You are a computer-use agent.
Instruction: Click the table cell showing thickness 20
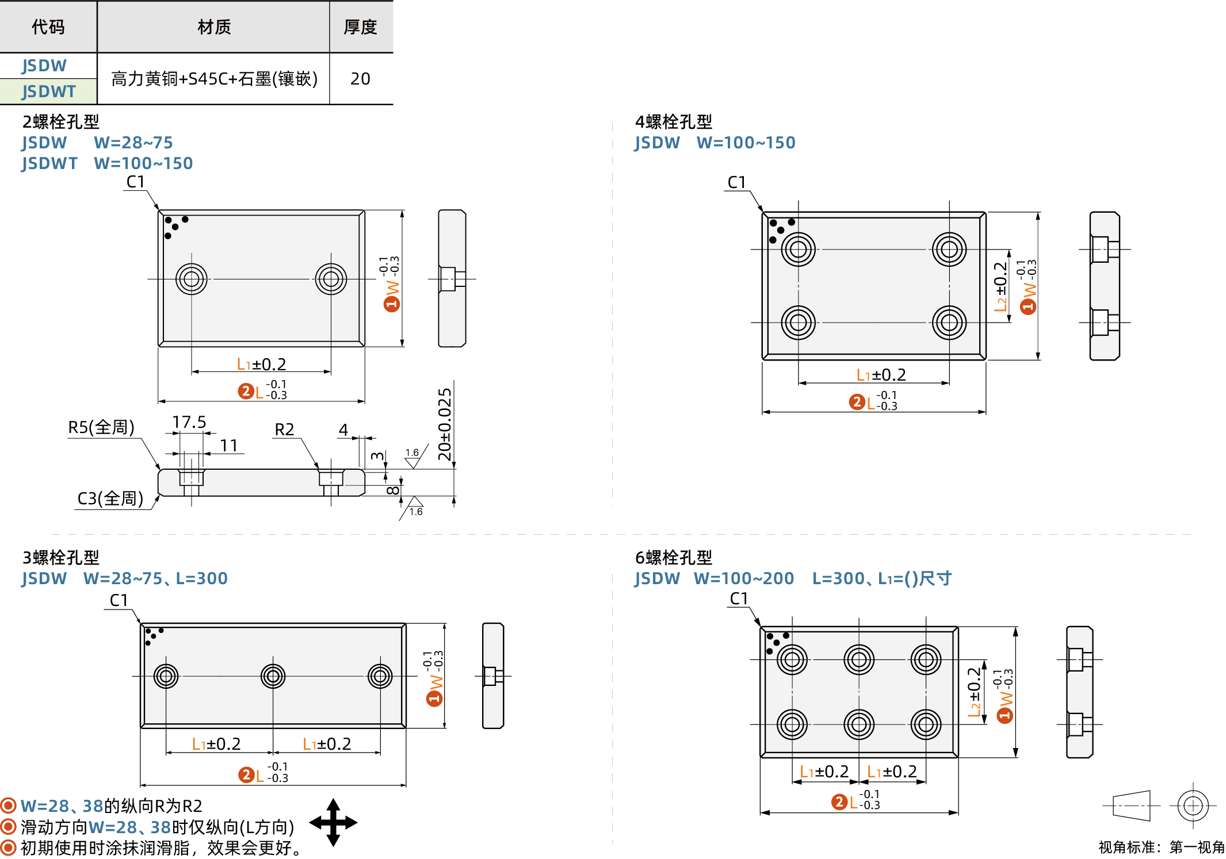360,79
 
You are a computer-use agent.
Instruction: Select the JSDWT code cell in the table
48,91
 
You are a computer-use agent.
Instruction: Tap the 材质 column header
213,27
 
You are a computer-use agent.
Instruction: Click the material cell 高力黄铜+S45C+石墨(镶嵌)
213,79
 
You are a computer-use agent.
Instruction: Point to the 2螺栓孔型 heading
60,122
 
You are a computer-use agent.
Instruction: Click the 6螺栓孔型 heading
673,557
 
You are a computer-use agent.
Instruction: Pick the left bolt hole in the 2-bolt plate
192,279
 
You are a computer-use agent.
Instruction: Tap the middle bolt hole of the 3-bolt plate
273,676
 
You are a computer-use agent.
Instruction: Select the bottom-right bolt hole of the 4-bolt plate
949,323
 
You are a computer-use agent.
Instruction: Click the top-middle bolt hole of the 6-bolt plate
858,659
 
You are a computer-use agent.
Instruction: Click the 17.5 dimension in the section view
189,423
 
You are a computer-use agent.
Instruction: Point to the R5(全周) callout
101,427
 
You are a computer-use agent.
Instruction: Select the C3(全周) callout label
110,498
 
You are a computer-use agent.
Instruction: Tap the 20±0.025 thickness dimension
445,424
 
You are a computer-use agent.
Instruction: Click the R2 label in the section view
284,430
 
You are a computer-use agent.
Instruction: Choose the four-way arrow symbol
333,822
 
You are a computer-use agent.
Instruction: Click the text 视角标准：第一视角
1161,847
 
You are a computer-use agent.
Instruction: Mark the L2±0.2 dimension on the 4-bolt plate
1000,286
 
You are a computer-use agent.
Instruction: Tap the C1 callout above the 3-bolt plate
119,600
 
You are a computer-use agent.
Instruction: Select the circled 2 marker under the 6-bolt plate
838,802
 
